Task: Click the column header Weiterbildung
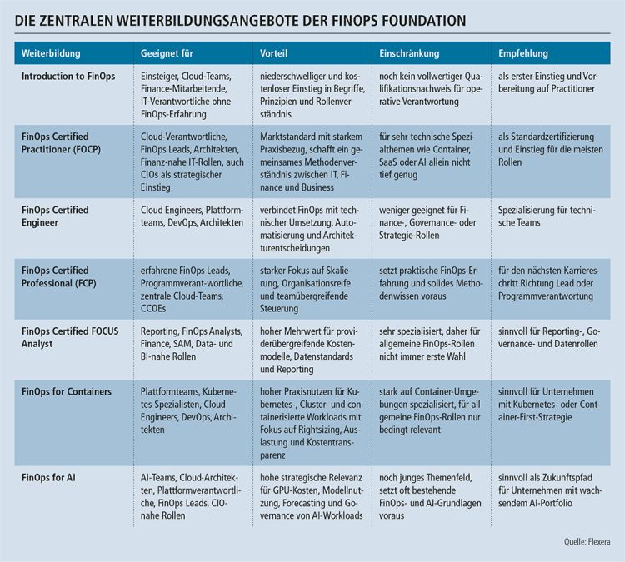pos(51,53)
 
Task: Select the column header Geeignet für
pos(167,53)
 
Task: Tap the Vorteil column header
pos(273,53)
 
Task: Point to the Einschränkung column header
pos(409,53)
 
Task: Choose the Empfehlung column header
pos(523,53)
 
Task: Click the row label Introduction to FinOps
pos(68,76)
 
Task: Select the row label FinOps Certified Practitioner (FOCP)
pos(61,142)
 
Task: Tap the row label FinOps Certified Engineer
pos(55,216)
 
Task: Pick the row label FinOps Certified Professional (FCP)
pos(59,276)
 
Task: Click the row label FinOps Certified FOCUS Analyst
pos(70,337)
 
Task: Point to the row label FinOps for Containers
pos(67,391)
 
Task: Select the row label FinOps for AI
pos(48,478)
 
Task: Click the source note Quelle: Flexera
pos(587,541)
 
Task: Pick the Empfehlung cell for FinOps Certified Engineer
pos(547,216)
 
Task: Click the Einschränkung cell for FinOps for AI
pos(430,496)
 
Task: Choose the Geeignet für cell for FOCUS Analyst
pos(192,344)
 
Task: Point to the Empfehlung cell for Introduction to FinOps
pos(548,82)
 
